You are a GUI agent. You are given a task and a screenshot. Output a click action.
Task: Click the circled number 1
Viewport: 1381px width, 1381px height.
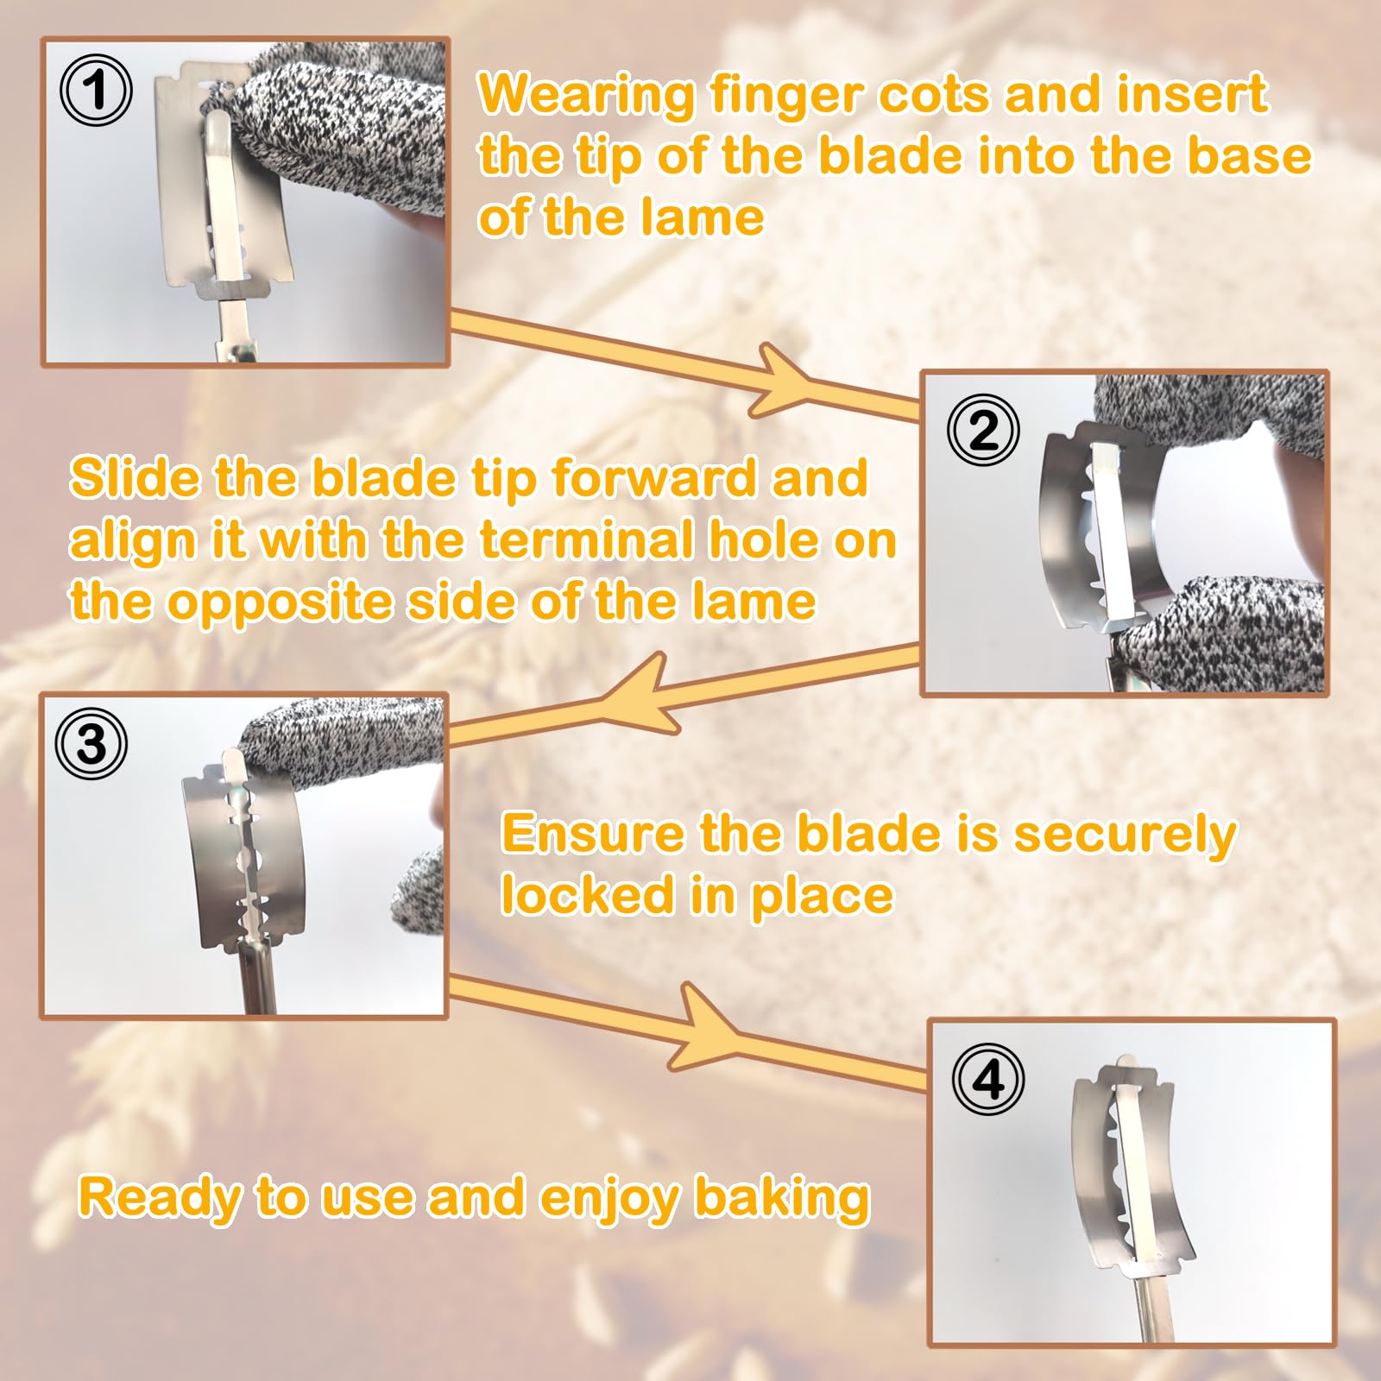[96, 90]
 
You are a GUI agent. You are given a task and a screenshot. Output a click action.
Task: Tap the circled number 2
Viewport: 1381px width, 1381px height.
[983, 430]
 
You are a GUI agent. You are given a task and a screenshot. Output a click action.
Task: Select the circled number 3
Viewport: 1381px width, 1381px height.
[91, 743]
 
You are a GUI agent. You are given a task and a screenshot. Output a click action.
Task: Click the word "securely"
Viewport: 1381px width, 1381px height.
[1125, 836]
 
